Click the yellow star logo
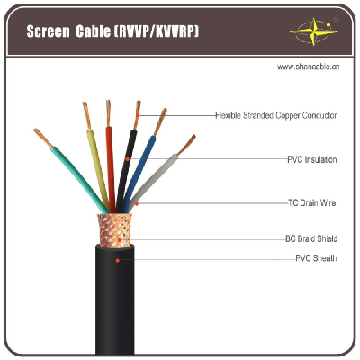[x=314, y=31]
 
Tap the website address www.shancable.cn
[x=308, y=67]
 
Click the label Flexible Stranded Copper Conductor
[x=276, y=115]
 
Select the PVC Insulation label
[x=312, y=159]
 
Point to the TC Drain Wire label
[x=312, y=202]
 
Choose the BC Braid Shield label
[x=311, y=238]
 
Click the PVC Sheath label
[x=316, y=258]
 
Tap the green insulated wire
[x=79, y=178]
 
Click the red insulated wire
[x=111, y=169]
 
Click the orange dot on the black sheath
[x=118, y=260]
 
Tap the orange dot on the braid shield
[x=120, y=240]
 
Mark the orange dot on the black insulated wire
[x=127, y=159]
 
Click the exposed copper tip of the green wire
[x=43, y=138]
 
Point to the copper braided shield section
[x=114, y=230]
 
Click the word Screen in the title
[x=48, y=31]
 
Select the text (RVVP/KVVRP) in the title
[x=156, y=31]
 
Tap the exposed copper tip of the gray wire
[x=186, y=145]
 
